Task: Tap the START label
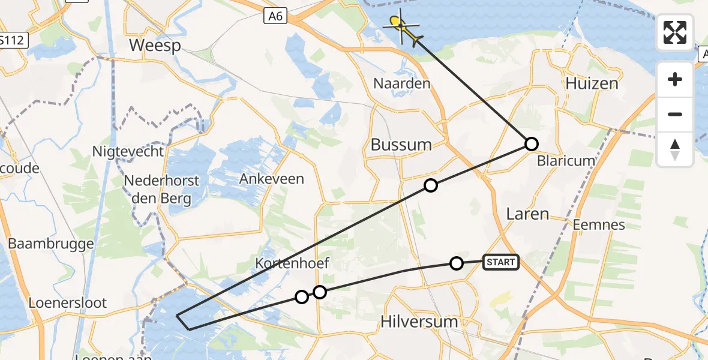tap(501, 262)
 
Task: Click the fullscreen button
tap(675, 32)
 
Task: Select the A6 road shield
tap(275, 16)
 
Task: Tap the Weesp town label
tap(154, 46)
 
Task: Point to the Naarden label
tap(401, 83)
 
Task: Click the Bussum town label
tap(401, 145)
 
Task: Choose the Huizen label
tap(591, 83)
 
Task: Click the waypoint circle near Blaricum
tap(532, 144)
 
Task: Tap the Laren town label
tap(527, 214)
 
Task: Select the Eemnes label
tap(598, 225)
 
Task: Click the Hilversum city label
tap(419, 322)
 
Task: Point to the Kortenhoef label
tap(292, 263)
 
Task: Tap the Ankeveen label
tap(271, 179)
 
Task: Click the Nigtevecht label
tap(128, 152)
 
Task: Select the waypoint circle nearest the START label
tap(457, 263)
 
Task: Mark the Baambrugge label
tap(50, 244)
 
